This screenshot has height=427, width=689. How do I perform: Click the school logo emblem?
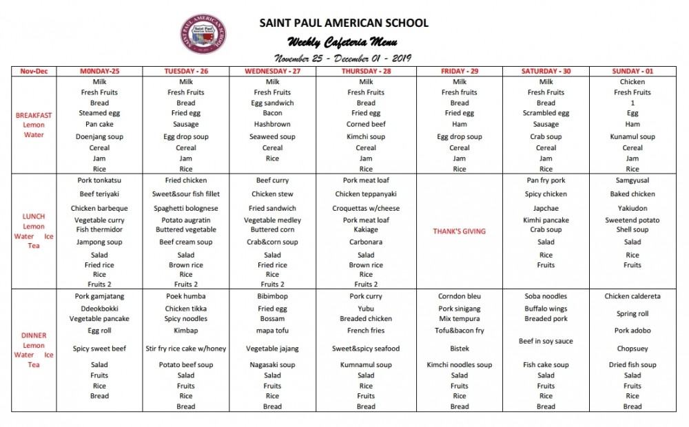click(x=205, y=34)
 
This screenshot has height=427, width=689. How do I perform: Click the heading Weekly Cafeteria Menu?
click(x=342, y=42)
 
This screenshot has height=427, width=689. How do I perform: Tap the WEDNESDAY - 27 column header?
click(x=273, y=71)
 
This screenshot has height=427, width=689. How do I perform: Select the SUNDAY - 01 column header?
click(x=633, y=71)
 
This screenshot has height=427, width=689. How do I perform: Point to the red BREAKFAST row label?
click(x=34, y=116)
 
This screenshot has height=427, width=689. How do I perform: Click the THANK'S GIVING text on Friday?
click(x=460, y=231)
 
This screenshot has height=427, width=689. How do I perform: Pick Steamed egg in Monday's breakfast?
click(x=99, y=113)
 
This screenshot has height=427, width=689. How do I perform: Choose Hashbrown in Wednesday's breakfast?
click(x=273, y=124)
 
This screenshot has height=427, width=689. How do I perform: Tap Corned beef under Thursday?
click(x=366, y=124)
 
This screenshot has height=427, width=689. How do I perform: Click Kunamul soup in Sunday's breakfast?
click(x=633, y=136)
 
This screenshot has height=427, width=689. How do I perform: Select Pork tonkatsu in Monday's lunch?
click(x=99, y=180)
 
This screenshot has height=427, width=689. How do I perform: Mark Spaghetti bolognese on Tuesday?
click(x=186, y=208)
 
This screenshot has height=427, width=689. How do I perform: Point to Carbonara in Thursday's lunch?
click(x=366, y=242)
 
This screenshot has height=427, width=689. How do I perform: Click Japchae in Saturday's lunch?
click(x=546, y=208)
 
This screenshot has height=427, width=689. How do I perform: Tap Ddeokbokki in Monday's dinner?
click(x=99, y=309)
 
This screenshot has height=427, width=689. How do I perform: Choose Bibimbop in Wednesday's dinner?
click(x=273, y=296)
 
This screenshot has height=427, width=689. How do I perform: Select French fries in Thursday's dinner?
click(x=366, y=331)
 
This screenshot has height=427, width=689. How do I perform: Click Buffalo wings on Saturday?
click(x=546, y=309)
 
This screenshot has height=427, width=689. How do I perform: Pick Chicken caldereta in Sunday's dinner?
click(x=633, y=296)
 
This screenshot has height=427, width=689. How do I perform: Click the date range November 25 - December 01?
click(x=342, y=58)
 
